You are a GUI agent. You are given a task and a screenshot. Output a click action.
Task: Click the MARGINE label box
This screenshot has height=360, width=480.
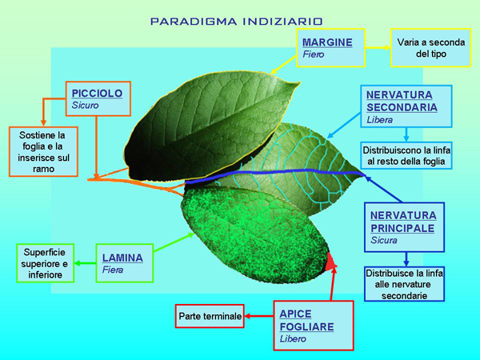(331, 47)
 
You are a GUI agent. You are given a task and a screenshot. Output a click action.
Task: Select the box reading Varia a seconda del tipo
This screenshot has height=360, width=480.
(425, 47)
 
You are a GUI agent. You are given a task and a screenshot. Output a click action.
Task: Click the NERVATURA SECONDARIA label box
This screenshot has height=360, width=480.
(406, 106)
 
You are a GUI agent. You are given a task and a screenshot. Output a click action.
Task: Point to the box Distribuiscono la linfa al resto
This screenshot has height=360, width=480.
(406, 155)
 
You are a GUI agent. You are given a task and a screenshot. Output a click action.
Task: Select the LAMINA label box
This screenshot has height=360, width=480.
(123, 263)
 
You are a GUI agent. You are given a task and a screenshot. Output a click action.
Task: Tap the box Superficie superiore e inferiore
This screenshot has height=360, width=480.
(44, 263)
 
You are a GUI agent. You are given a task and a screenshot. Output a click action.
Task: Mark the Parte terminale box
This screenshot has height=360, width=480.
(210, 316)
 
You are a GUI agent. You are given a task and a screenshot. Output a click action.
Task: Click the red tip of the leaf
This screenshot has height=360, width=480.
(330, 261)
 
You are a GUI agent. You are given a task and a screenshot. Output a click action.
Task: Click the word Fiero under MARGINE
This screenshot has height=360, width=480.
(314, 54)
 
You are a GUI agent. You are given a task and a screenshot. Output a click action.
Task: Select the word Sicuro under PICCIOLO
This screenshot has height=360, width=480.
(87, 105)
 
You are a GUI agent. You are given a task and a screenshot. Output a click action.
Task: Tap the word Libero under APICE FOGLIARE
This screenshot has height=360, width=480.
(293, 338)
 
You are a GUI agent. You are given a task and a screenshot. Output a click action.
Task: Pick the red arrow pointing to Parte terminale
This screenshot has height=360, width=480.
(258, 316)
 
